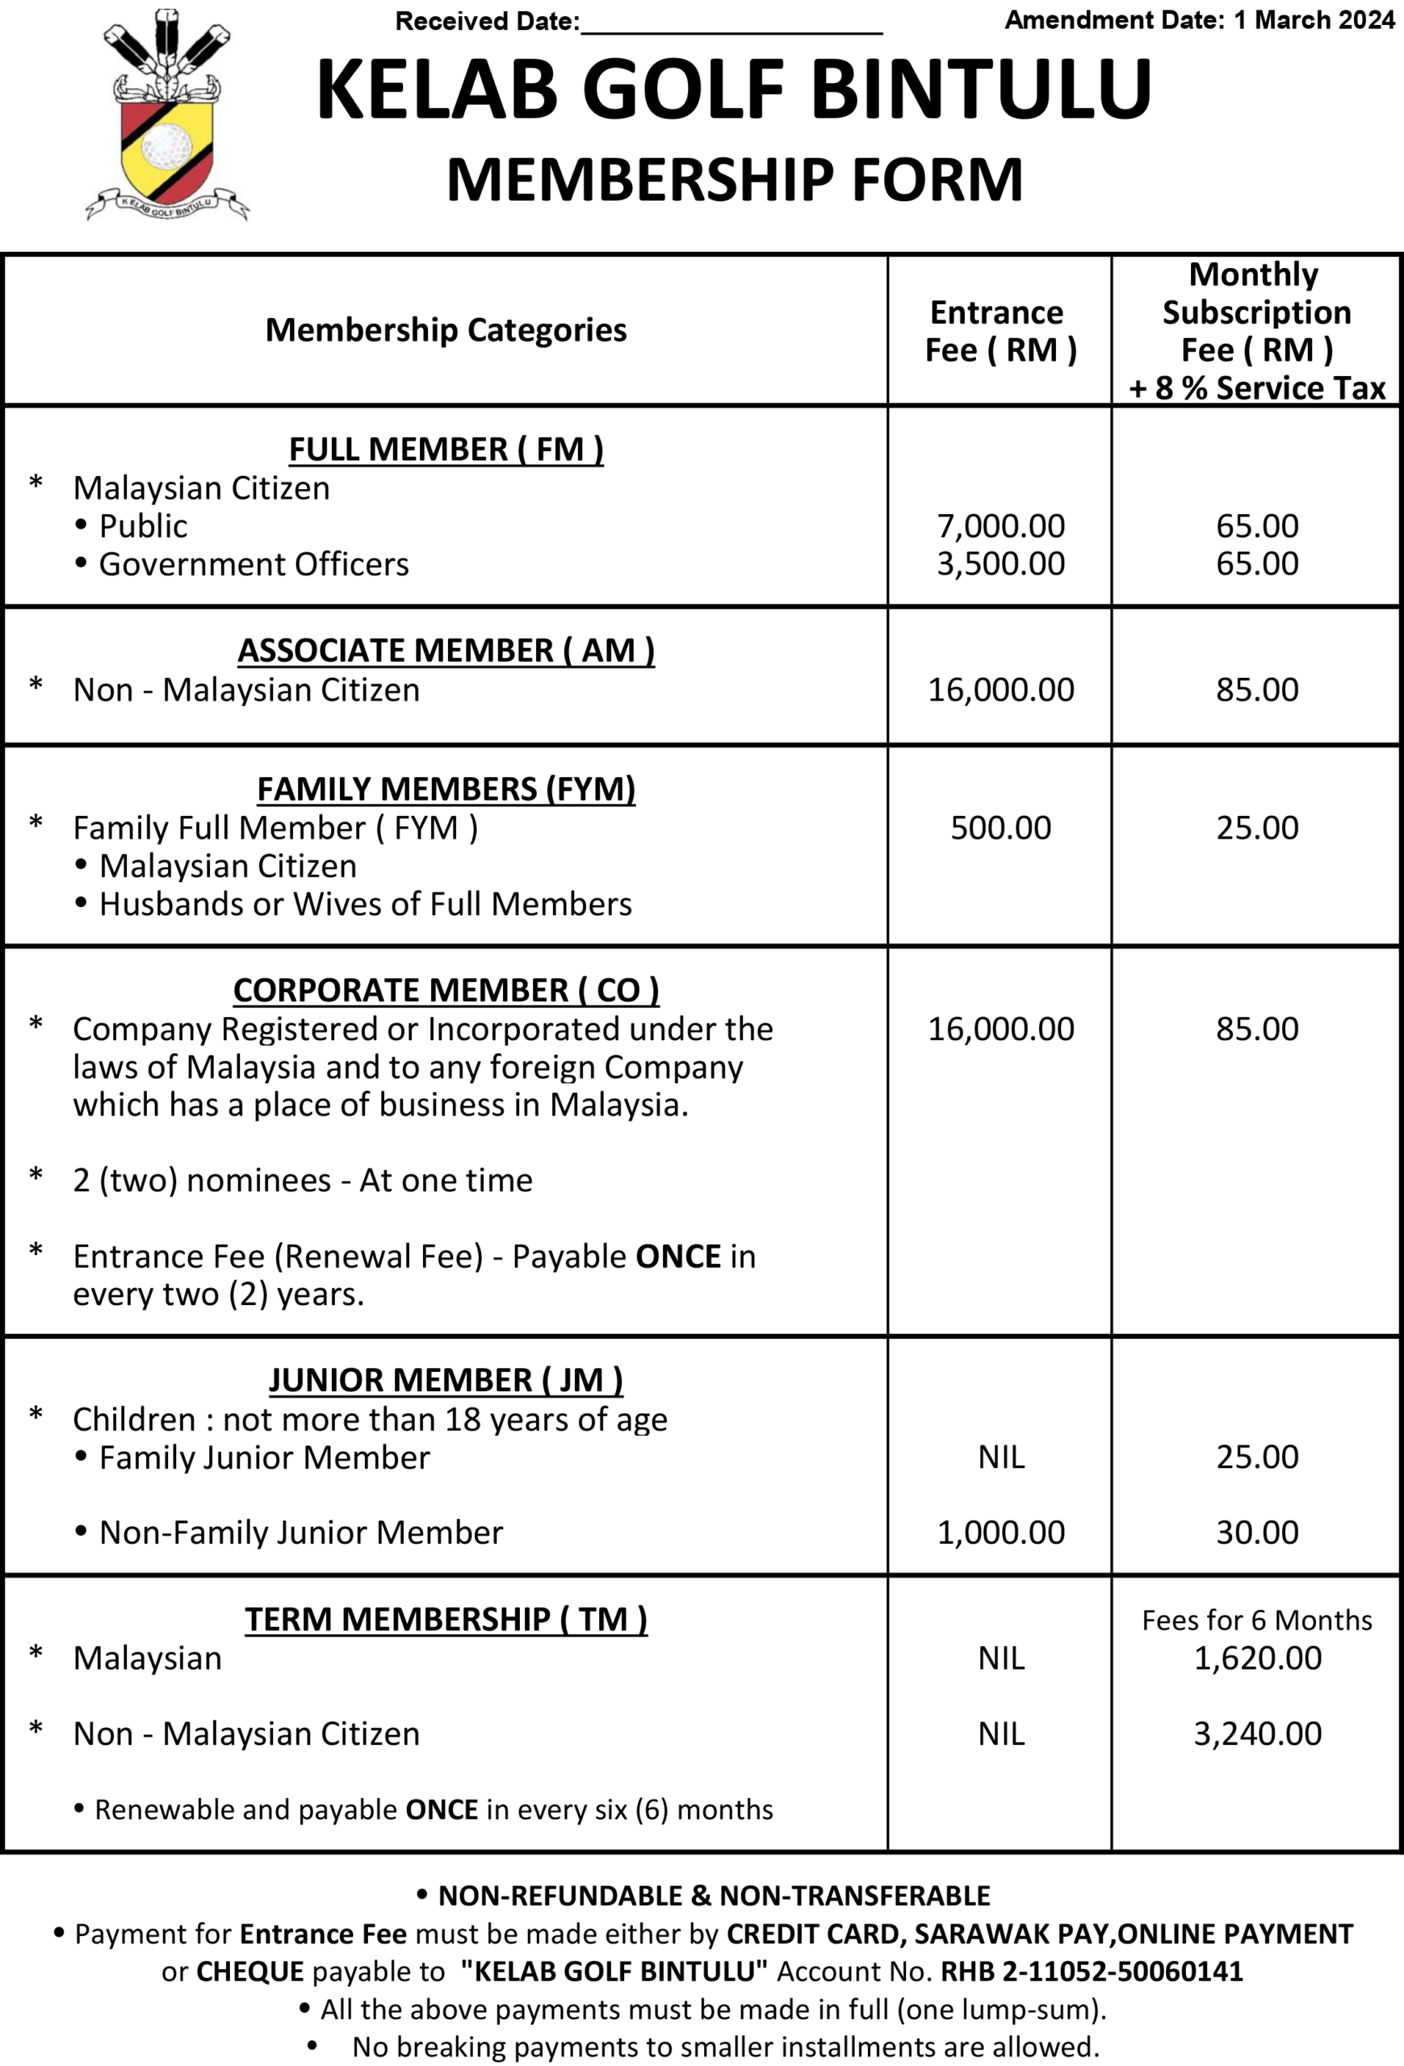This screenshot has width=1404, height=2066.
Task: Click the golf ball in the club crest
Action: (x=166, y=146)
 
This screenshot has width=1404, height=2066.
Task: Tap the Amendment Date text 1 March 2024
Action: (x=1314, y=20)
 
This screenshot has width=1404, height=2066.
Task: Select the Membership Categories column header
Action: (x=446, y=330)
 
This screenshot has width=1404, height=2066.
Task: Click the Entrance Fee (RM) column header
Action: (x=1000, y=331)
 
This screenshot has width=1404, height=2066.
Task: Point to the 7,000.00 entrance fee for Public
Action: (x=1000, y=526)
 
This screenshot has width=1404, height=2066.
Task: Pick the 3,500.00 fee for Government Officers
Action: (x=1000, y=563)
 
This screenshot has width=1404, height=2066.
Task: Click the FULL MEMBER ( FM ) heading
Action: (x=446, y=450)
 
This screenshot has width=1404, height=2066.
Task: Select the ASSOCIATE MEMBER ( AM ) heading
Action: (x=446, y=650)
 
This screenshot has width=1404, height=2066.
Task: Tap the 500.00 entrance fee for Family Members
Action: (x=1000, y=828)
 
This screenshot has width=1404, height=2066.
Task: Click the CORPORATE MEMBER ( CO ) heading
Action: (x=446, y=990)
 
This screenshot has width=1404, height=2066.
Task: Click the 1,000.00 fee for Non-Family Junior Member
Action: (x=1000, y=1532)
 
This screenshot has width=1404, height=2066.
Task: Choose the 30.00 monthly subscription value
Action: (x=1256, y=1532)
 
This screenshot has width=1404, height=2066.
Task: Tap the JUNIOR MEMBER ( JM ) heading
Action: (x=446, y=1380)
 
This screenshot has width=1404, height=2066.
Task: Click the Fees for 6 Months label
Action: (x=1256, y=1620)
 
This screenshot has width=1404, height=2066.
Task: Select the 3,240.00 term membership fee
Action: (x=1256, y=1733)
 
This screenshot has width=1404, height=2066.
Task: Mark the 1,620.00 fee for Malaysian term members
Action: (x=1256, y=1658)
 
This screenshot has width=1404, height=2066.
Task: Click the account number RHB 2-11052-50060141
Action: (x=1091, y=1971)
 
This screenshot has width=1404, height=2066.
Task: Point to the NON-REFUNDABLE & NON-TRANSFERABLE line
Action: (x=713, y=1896)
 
